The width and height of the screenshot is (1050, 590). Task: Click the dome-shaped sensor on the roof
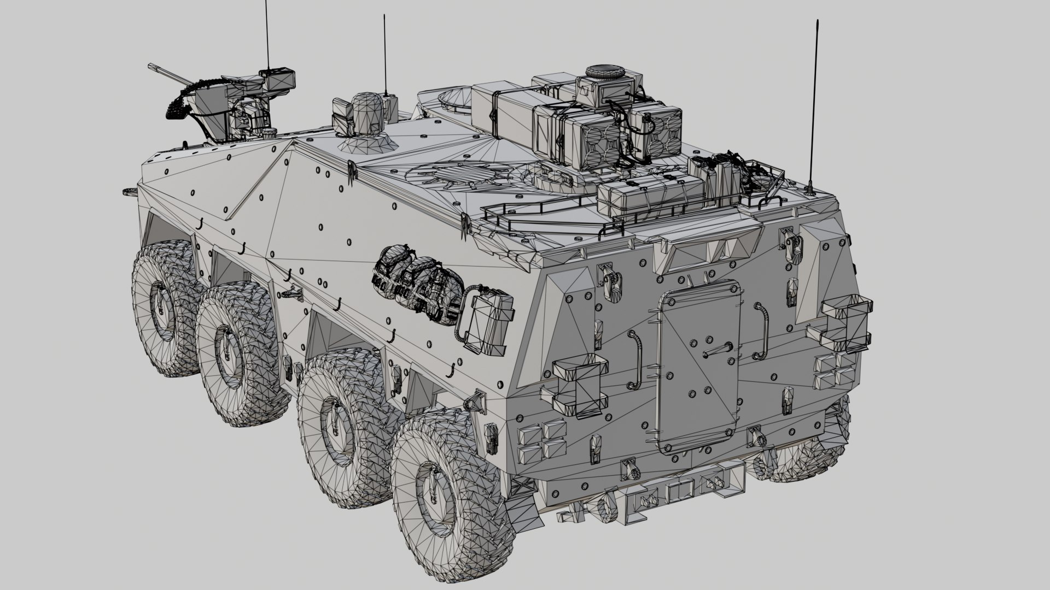click(365, 114)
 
